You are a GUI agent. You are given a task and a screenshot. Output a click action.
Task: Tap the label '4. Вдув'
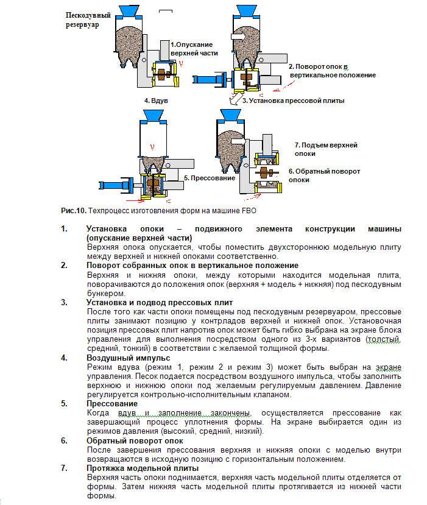coord(155,99)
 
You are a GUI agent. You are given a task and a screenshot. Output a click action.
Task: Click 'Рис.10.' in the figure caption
coord(73,210)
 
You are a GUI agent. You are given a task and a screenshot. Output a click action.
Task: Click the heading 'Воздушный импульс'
coord(120,358)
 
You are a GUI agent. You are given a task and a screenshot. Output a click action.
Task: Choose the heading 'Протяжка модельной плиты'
coord(143,468)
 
